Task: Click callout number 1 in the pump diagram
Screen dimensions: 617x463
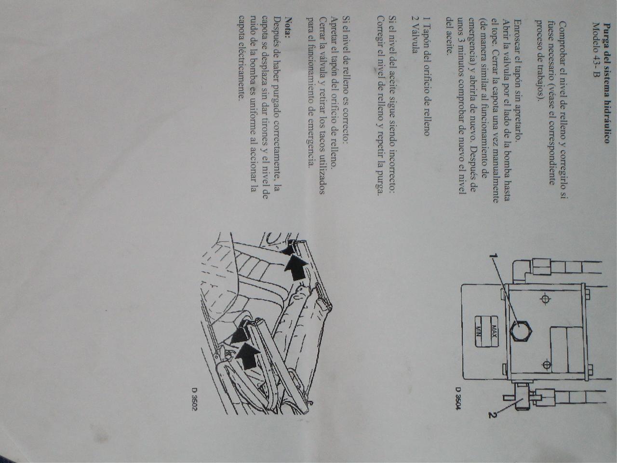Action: tap(494, 256)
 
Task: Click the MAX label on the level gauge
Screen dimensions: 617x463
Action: tap(495, 330)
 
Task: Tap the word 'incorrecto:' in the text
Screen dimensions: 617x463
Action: tap(391, 172)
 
